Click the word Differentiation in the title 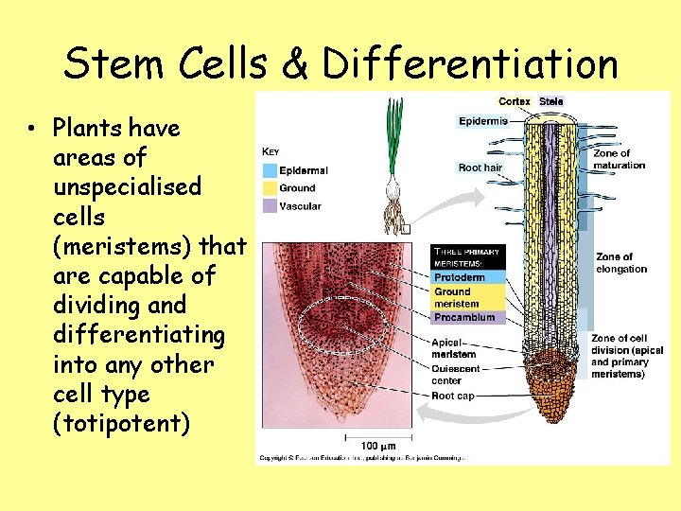coord(469,63)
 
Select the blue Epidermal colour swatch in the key coord(270,171)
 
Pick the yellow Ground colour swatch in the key coord(270,188)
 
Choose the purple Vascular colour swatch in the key coord(270,205)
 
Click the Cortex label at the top coord(515,101)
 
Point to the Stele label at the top coord(550,101)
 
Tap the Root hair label coord(480,167)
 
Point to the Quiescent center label coord(456,375)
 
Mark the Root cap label coord(454,396)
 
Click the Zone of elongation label coord(621,263)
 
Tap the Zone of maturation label coord(619,159)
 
